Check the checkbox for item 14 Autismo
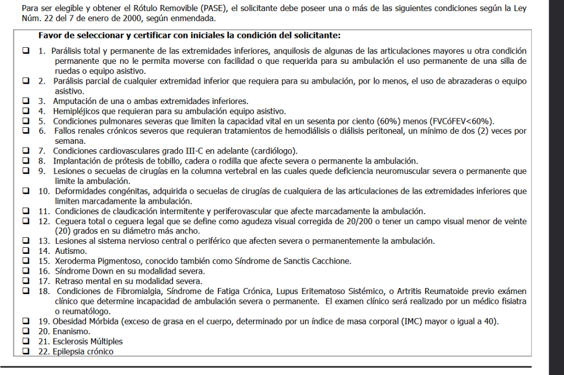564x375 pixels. (25, 251)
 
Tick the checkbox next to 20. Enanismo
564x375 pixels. (25, 331)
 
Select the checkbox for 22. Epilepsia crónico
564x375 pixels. (25, 351)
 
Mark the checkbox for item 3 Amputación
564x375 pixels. (25, 101)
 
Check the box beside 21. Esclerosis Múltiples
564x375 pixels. (25, 341)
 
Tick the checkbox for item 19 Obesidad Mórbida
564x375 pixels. (25, 321)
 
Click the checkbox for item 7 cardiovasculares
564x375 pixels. (25, 151)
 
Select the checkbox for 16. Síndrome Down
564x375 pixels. (25, 271)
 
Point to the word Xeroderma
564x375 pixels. (73, 261)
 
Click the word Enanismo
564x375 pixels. (71, 331)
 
